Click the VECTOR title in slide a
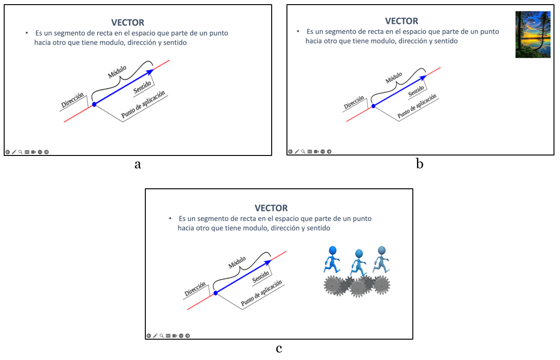click(128, 22)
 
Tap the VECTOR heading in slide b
click(402, 21)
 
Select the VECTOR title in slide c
click(271, 208)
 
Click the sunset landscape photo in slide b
click(533, 35)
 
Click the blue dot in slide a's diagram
click(94, 105)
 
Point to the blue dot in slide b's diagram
click(373, 106)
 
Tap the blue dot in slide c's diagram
click(215, 293)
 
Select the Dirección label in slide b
click(354, 104)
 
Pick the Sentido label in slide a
click(143, 87)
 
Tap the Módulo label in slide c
click(237, 262)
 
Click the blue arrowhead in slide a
click(150, 72)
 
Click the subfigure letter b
click(419, 164)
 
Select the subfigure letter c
click(279, 348)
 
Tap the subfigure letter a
click(137, 164)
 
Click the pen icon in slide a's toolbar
click(14, 152)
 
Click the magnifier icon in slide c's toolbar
click(162, 335)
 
